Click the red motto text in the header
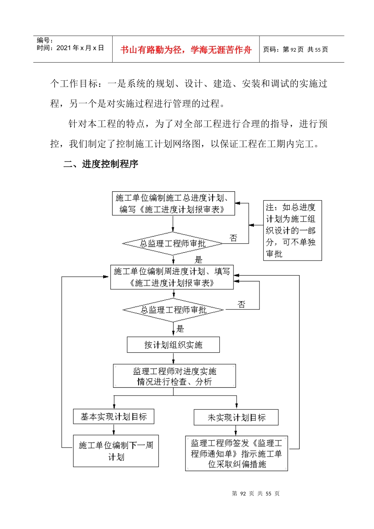click(185, 50)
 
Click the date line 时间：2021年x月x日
click(70, 48)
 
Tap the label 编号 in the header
click(44, 40)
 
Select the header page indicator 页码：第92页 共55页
click(295, 50)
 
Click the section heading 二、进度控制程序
click(101, 164)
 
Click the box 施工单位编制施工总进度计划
click(173, 203)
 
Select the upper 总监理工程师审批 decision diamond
click(173, 244)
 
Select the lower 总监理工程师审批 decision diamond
click(173, 310)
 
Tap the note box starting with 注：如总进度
click(292, 230)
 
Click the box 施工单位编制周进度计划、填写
click(172, 277)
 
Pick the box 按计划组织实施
click(173, 345)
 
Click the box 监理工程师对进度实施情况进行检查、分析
click(174, 376)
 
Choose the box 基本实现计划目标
click(113, 416)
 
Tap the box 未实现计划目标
click(236, 418)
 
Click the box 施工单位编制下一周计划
click(116, 451)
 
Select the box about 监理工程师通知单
click(237, 453)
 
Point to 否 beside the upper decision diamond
click(233, 238)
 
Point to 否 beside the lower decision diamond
click(241, 304)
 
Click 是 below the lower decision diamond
click(180, 329)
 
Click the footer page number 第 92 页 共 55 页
click(256, 494)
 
